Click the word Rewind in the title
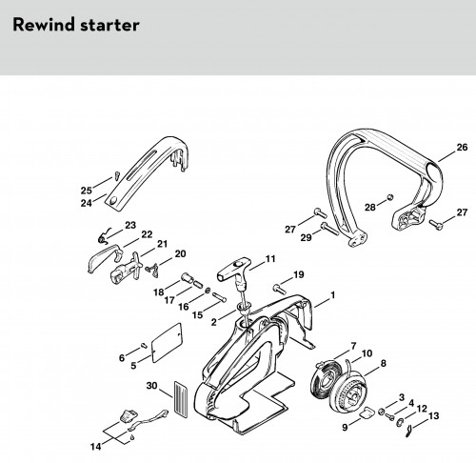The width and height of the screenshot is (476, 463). point(44,25)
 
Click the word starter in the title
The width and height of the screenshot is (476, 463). point(109,25)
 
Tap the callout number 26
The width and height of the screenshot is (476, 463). point(462,147)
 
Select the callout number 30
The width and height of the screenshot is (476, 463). point(151,386)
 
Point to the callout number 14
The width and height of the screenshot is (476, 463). point(95,447)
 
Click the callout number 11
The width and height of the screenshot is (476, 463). point(270,259)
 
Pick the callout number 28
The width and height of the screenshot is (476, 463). point(370,208)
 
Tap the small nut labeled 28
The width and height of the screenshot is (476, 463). point(390,197)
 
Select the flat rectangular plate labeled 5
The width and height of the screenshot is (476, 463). point(167,343)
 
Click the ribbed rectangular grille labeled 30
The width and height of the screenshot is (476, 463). point(181,399)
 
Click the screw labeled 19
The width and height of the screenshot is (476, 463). point(279,289)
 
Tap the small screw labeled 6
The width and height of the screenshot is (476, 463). point(144,345)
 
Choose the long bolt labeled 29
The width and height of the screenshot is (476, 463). point(329,229)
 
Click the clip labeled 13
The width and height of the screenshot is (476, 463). point(409,432)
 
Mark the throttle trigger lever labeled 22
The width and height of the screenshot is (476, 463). point(105,257)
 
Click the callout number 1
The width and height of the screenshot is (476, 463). point(332,295)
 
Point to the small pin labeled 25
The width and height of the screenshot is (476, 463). point(117,175)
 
